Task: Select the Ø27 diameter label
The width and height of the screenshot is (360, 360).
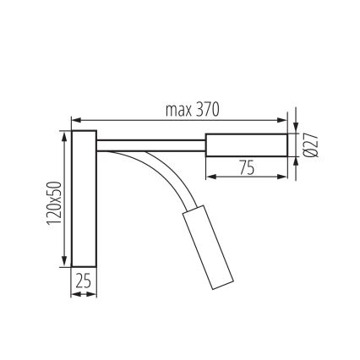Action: coord(310,145)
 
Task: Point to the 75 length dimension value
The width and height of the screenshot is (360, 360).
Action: coord(246,167)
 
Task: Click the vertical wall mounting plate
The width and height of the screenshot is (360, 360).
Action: coord(84,199)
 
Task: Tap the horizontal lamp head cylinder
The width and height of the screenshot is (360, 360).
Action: coord(246,145)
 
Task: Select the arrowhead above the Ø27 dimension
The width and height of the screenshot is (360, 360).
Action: coord(297,127)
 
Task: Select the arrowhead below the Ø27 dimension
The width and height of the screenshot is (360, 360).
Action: coord(297,162)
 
